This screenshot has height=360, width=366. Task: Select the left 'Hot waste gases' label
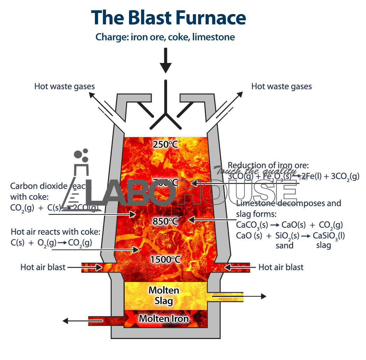[64, 86]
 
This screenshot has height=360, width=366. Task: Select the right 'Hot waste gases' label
[282, 86]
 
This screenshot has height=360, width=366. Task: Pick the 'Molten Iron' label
[164, 318]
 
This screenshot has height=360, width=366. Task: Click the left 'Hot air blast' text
[43, 267]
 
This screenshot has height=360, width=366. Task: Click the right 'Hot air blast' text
[281, 267]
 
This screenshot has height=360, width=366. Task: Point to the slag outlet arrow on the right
[252, 296]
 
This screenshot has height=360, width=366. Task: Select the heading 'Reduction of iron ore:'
[268, 165]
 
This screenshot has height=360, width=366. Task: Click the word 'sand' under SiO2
[284, 246]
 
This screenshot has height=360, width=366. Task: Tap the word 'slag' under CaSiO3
[323, 246]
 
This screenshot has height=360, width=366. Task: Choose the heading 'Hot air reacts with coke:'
[56, 232]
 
